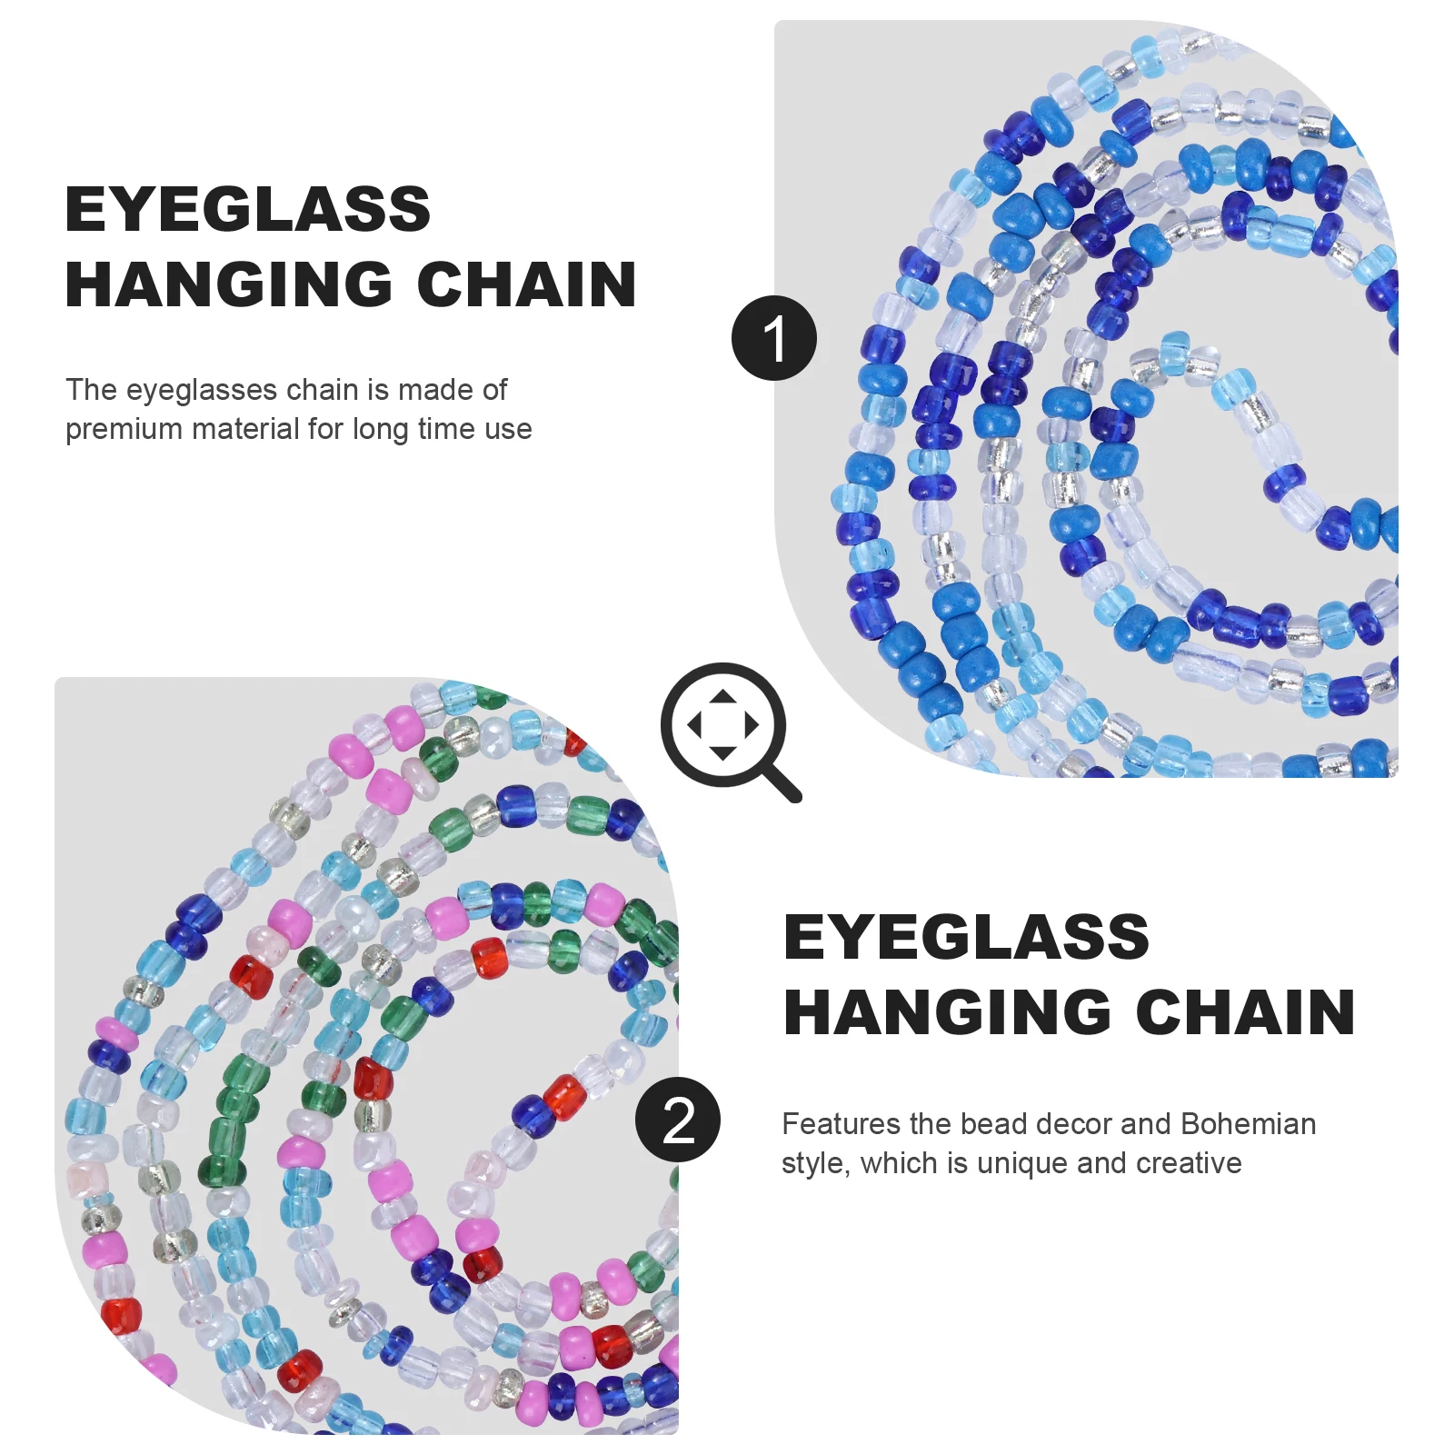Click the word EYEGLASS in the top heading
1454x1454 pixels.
pos(247,210)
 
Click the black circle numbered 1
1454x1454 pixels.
pos(774,338)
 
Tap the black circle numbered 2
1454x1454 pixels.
pos(678,1120)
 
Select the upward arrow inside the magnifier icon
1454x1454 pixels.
pos(722,698)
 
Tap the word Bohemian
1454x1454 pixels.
pos(1248,1124)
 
